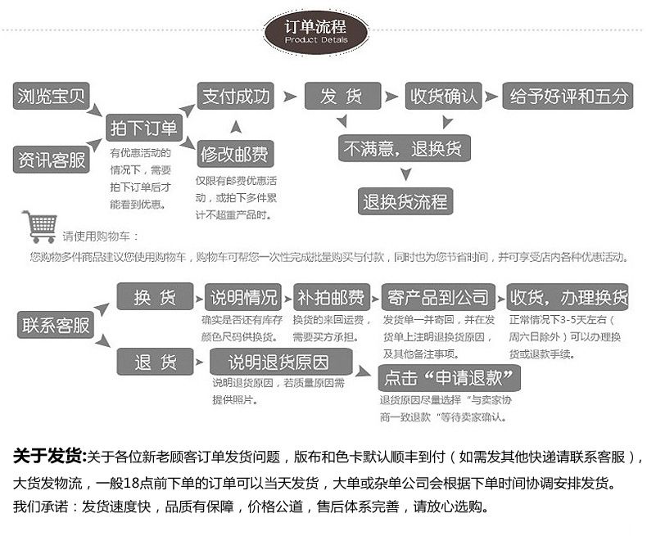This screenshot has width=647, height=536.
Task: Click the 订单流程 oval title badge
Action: pyautogui.click(x=316, y=33)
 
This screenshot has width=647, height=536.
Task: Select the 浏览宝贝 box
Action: pyautogui.click(x=51, y=96)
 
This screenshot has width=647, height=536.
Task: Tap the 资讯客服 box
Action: pyautogui.click(x=51, y=160)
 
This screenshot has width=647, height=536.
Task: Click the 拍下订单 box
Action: pyautogui.click(x=144, y=128)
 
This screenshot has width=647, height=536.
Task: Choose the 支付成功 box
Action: pyautogui.click(x=236, y=96)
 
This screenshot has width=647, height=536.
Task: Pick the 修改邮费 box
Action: pyautogui.click(x=236, y=154)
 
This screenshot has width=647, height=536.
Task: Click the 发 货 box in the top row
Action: pyautogui.click(x=342, y=96)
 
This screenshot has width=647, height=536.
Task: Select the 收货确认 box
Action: pyautogui.click(x=443, y=96)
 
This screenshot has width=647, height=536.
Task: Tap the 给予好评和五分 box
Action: pyautogui.click(x=568, y=96)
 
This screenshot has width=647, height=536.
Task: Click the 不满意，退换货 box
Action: pyautogui.click(x=405, y=148)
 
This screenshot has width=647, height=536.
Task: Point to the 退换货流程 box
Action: pyautogui.click(x=405, y=201)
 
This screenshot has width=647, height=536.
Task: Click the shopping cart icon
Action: pyautogui.click(x=40, y=227)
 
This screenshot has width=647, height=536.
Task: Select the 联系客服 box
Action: pyautogui.click(x=56, y=325)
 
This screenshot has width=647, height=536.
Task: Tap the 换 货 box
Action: pyautogui.click(x=155, y=296)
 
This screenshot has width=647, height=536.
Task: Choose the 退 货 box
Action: pyautogui.click(x=155, y=362)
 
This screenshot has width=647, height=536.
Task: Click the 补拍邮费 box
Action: pyautogui.click(x=332, y=297)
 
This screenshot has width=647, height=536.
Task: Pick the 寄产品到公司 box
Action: pyautogui.click(x=438, y=297)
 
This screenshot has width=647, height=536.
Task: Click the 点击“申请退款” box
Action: pyautogui.click(x=449, y=378)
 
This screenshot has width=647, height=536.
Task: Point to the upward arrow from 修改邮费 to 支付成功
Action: pyautogui.click(x=236, y=127)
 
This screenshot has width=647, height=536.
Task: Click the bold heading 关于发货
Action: pyautogui.click(x=49, y=456)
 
